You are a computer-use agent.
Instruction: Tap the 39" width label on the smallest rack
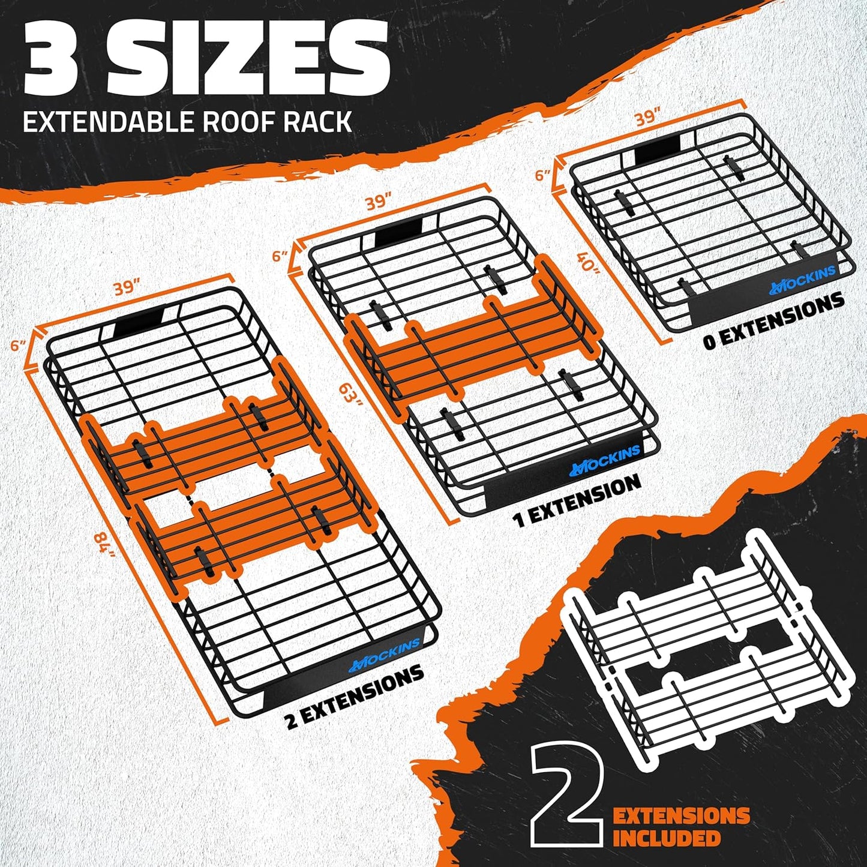(647, 118)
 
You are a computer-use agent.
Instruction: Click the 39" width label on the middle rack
(379, 202)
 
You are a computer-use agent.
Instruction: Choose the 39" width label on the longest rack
(127, 287)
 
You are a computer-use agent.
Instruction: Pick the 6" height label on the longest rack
(18, 346)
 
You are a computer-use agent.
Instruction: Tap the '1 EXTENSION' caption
(578, 500)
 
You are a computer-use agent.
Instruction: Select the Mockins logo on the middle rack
(605, 458)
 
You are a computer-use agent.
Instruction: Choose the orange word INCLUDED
(666, 838)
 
